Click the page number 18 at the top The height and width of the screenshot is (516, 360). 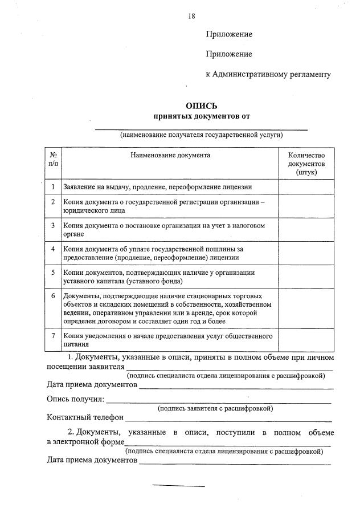click(192, 16)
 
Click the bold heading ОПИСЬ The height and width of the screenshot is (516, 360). click(202, 106)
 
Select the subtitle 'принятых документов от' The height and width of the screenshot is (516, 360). click(202, 116)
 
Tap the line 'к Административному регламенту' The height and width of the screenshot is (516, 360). click(268, 75)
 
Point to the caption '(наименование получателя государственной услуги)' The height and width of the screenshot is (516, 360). click(201, 135)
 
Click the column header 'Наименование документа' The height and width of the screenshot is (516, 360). click(170, 155)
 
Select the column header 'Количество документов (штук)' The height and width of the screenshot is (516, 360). click(306, 163)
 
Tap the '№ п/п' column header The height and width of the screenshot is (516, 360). click(53, 159)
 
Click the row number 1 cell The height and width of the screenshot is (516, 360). click(53, 187)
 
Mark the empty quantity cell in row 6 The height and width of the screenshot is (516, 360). click(306, 308)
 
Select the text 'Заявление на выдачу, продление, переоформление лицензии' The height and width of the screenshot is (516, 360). click(157, 187)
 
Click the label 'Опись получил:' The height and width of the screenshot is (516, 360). click(75, 399)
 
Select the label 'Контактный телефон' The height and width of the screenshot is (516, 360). click(85, 417)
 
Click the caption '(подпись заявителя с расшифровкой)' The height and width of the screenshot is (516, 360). click(215, 408)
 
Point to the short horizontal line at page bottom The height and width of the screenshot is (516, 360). click(178, 486)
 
